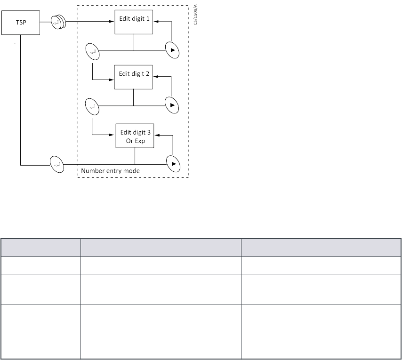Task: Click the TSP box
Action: (21, 22)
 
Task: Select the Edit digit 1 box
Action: (134, 21)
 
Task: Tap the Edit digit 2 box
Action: (134, 76)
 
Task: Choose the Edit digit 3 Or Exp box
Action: (135, 136)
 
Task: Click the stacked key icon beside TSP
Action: (57, 22)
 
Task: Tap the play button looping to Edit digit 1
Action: (172, 49)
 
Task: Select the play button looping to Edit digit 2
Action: (172, 105)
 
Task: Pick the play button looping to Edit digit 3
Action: (174, 164)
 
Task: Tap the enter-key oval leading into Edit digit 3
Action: (92, 107)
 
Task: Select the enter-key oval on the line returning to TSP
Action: (57, 165)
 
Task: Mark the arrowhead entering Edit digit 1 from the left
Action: (113, 21)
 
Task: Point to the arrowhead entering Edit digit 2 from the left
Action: (113, 79)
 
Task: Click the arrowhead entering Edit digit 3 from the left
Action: (114, 136)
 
